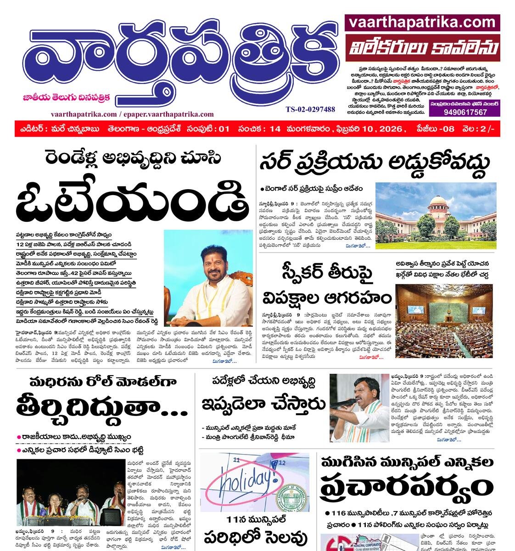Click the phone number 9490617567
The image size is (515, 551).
[x=465, y=112]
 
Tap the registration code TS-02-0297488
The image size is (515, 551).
[x=310, y=109]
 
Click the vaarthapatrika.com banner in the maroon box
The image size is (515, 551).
[x=422, y=22]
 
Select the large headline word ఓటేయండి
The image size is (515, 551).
[x=134, y=202]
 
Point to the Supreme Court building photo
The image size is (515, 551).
[x=436, y=215]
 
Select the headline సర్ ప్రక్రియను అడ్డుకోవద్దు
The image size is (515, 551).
[x=374, y=162]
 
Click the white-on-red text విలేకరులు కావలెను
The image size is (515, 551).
[x=422, y=48]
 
